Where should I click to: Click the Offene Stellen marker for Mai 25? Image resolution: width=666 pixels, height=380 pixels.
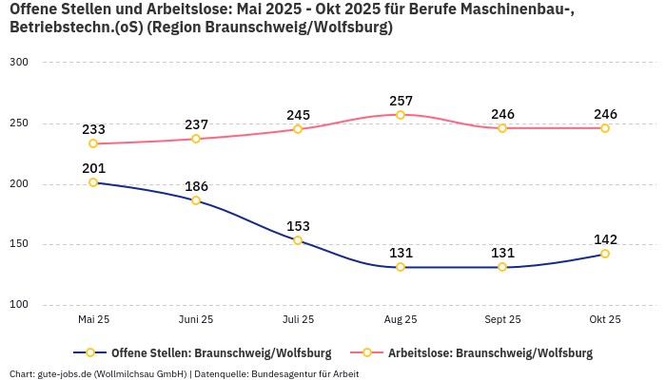[93, 182]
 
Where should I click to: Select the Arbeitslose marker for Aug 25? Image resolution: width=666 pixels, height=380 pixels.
[401, 115]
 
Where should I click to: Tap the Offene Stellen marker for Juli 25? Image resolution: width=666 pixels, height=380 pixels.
[298, 240]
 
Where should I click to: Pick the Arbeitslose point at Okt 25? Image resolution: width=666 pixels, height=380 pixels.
[605, 128]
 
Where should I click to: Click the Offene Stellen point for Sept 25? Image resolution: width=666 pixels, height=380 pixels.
[502, 267]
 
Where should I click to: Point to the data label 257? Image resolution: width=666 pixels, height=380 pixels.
[401, 101]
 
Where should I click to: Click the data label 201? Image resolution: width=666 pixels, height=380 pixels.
[93, 168]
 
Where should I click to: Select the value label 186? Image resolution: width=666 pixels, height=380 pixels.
[196, 186]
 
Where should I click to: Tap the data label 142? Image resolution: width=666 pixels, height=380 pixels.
[605, 239]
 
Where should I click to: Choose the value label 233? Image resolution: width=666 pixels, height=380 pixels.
[93, 129]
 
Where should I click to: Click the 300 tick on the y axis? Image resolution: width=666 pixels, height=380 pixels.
[19, 63]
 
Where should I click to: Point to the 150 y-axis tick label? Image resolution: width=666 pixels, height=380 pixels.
[19, 244]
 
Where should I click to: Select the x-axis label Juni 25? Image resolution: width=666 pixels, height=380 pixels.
[196, 320]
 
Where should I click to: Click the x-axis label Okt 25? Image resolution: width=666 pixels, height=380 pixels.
[605, 320]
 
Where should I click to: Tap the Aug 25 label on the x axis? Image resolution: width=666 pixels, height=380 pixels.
[401, 320]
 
